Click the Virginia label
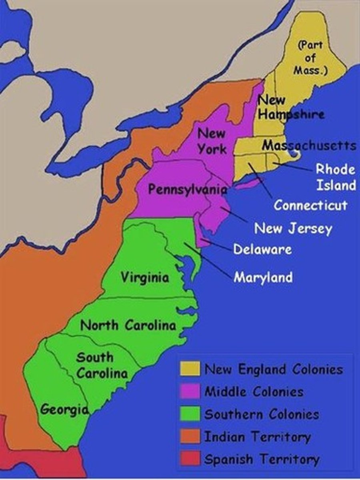coord(145,277)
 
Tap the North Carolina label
coord(128,325)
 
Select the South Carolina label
coord(102,365)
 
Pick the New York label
coord(212,141)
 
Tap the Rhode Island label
coord(336,177)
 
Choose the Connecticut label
coord(310,206)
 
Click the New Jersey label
coord(293,229)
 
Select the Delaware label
coord(262,249)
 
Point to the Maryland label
coord(263,277)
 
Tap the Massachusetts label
coord(309,145)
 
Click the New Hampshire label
coord(290,107)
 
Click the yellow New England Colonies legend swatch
coord(190,369)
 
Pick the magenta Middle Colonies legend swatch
coord(190,391)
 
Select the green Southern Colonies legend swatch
coord(190,414)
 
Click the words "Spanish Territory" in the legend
coord(262,459)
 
